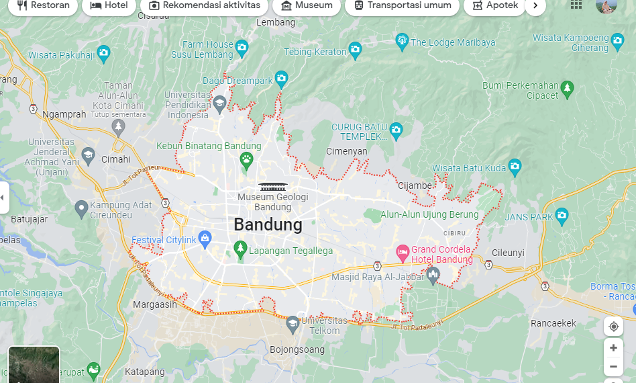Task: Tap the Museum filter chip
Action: click(307, 5)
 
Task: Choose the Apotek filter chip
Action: click(495, 5)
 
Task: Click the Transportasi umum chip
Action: click(402, 5)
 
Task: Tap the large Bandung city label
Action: click(268, 224)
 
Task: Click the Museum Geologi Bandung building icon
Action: click(272, 185)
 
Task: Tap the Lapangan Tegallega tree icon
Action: click(240, 250)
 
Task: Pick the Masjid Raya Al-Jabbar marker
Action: click(433, 275)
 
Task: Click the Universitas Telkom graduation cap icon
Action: click(293, 325)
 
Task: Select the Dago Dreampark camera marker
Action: click(281, 79)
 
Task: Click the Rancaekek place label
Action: click(553, 323)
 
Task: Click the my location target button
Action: click(613, 327)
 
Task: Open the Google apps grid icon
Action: click(576, 5)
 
